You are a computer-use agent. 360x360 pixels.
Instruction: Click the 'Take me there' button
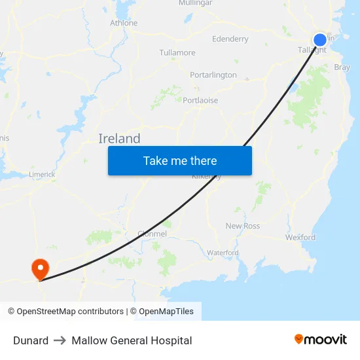pyautogui.click(x=180, y=160)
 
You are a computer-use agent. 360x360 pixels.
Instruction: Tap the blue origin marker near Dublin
pyautogui.click(x=319, y=40)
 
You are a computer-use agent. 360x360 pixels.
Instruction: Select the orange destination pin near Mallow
pyautogui.click(x=40, y=268)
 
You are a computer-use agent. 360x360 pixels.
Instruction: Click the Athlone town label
pyautogui.click(x=124, y=23)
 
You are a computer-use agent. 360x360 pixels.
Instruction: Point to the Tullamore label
pyautogui.click(x=177, y=52)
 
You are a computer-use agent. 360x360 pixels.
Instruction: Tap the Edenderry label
pyautogui.click(x=230, y=39)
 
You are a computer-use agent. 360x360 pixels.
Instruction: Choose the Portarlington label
pyautogui.click(x=213, y=75)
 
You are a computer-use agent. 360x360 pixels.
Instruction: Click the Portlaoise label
pyautogui.click(x=200, y=100)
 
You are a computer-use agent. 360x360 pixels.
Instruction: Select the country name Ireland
pyautogui.click(x=119, y=139)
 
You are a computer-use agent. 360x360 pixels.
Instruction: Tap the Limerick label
pyautogui.click(x=42, y=175)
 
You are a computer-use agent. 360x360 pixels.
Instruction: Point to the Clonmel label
pyautogui.click(x=153, y=234)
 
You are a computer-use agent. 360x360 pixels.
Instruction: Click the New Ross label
pyautogui.click(x=242, y=226)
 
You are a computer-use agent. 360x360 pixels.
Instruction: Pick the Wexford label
pyautogui.click(x=300, y=238)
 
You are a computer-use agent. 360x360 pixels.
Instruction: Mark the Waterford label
pyautogui.click(x=223, y=253)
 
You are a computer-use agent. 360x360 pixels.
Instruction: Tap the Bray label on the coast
pyautogui.click(x=342, y=67)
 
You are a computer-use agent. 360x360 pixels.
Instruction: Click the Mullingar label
pyautogui.click(x=195, y=3)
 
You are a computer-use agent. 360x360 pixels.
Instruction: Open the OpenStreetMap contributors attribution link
pyautogui.click(x=65, y=312)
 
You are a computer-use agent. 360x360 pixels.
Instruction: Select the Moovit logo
pyautogui.click(x=321, y=340)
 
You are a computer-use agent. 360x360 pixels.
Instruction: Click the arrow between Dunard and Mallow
pyautogui.click(x=60, y=340)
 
